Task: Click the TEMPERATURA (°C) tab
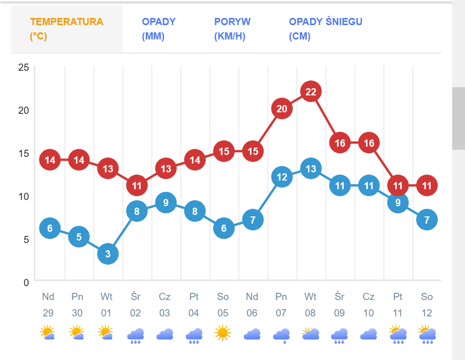[x=67, y=29]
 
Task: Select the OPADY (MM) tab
[x=159, y=29]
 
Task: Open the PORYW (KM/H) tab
[x=232, y=29]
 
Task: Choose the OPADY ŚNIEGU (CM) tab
[x=325, y=29]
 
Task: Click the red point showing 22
[x=311, y=92]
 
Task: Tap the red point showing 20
[x=282, y=109]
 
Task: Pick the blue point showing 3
[x=108, y=253]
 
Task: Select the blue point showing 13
[x=311, y=168]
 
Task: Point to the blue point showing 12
[x=282, y=177]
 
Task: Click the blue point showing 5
[x=79, y=236]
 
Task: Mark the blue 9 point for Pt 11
[x=398, y=203]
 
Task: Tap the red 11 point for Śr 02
[x=137, y=185]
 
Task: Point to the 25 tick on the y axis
[x=23, y=67]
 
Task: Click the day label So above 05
[x=223, y=297]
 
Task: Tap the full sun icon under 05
[x=223, y=333]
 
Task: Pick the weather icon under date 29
[x=48, y=333]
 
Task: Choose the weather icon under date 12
[x=427, y=334]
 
